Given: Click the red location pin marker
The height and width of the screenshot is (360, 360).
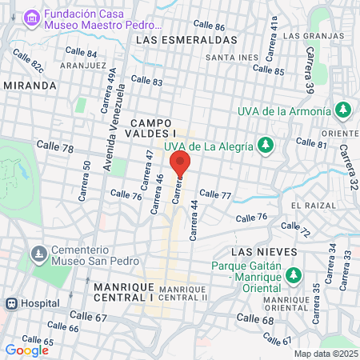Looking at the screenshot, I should point(180,163).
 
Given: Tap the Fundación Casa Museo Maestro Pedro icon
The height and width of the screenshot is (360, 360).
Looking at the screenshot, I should point(31,18).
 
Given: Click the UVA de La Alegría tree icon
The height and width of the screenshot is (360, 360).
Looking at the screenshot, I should point(267,146).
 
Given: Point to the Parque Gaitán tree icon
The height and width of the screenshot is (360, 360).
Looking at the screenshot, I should point(294,274).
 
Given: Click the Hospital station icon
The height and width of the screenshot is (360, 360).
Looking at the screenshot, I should point(12,304).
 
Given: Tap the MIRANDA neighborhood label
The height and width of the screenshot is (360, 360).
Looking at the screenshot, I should point(30,85).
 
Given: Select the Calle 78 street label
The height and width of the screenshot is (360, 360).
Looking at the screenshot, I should point(56,149).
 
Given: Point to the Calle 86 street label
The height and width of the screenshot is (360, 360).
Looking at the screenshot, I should point(209,26).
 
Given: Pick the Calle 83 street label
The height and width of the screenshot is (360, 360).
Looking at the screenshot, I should point(146,81).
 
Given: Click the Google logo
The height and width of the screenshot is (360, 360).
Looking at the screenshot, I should point(26,350).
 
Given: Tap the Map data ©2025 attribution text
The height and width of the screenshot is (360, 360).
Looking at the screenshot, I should point(325,354).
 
